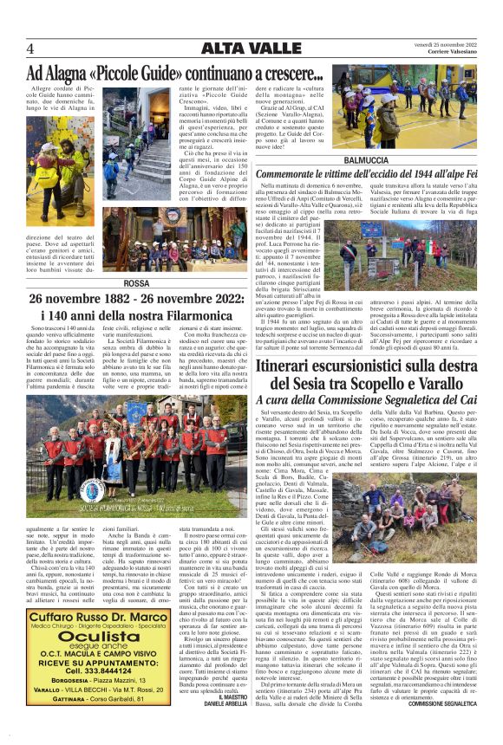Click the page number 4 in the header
point(30,47)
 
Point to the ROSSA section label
point(113,283)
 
